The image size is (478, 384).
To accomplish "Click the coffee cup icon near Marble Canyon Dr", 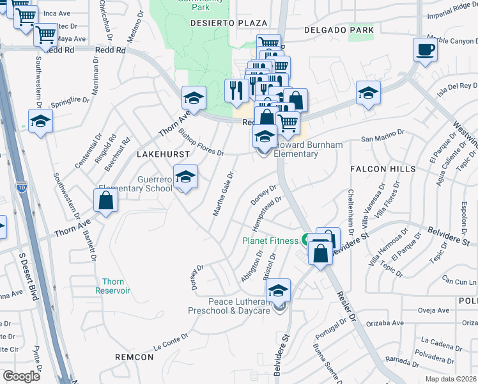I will click(425, 49).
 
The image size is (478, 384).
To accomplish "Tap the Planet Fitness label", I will click(270, 241).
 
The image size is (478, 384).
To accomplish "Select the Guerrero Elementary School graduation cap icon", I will click(185, 177).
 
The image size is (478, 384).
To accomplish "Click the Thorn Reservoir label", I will click(112, 286).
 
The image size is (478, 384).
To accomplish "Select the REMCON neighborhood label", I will click(134, 356).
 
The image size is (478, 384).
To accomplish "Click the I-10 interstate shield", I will click(21, 187).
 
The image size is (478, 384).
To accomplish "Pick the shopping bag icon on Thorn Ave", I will click(105, 200).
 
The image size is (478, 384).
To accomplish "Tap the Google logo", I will click(22, 376).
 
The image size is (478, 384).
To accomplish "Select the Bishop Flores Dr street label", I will click(201, 143).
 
